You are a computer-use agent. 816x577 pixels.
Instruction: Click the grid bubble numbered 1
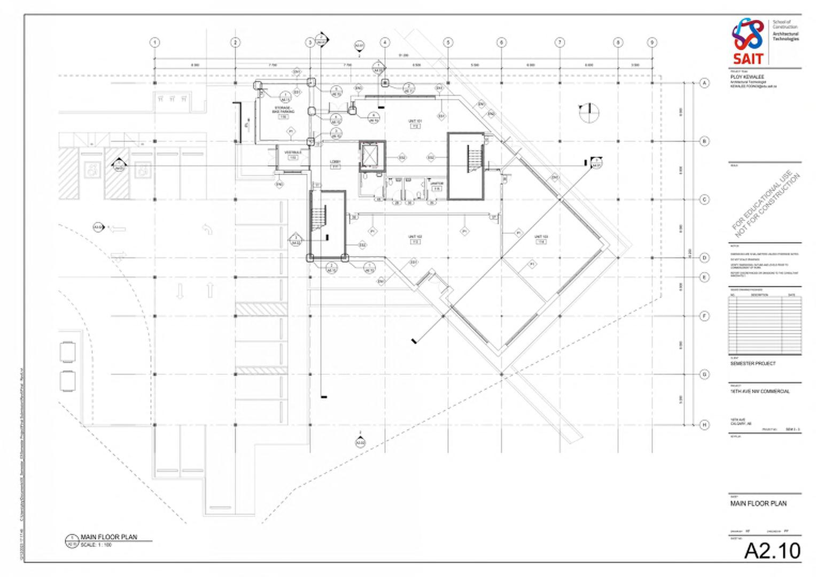click(155, 42)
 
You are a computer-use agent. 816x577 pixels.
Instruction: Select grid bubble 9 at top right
click(652, 42)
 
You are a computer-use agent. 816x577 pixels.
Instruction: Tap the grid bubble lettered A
click(704, 83)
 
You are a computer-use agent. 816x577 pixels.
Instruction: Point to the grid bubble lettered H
click(704, 425)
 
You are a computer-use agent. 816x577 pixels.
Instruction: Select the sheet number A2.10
click(772, 551)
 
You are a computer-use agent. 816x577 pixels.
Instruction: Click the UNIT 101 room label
click(415, 121)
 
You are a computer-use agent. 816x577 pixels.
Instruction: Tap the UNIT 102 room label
click(415, 237)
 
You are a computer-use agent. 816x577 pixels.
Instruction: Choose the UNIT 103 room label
click(541, 237)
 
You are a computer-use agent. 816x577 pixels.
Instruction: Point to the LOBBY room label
click(335, 161)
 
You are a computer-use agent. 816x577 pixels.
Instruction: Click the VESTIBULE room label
click(293, 153)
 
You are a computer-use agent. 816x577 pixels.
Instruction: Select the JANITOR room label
click(437, 184)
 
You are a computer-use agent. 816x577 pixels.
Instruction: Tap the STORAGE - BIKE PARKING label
click(283, 110)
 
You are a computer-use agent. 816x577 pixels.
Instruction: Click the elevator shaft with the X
click(371, 155)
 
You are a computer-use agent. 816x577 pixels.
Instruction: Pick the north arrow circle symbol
click(589, 112)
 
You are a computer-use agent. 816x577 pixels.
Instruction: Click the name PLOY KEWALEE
click(747, 77)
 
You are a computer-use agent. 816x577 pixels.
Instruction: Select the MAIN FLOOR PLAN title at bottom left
click(109, 537)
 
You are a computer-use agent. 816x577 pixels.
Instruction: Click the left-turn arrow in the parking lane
click(207, 229)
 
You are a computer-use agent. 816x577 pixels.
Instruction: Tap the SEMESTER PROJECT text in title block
click(753, 363)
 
